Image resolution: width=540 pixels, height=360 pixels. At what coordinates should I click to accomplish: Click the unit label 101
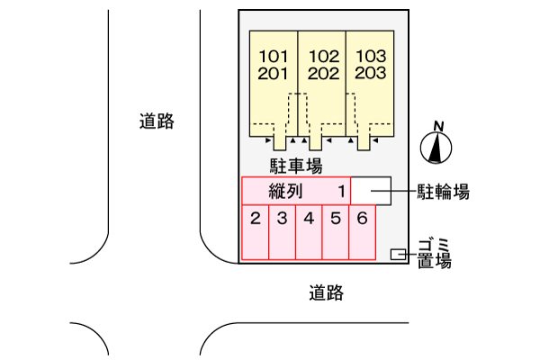click(273, 56)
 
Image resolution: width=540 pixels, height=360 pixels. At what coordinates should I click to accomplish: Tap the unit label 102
click(322, 56)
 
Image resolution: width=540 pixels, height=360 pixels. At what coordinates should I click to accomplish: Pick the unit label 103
click(371, 56)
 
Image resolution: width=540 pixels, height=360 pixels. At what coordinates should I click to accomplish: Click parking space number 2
click(256, 218)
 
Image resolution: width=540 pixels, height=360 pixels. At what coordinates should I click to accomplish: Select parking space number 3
click(282, 218)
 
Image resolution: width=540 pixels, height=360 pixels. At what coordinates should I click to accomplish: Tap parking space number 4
click(309, 218)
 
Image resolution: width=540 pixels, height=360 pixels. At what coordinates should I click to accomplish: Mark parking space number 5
click(335, 218)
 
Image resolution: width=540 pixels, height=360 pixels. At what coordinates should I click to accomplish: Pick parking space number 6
click(362, 218)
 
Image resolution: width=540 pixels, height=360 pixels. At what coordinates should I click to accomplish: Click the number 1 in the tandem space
click(342, 191)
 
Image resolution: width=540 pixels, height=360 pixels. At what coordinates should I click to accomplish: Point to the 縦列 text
click(285, 191)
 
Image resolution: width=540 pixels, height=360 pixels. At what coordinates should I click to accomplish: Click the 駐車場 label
click(297, 166)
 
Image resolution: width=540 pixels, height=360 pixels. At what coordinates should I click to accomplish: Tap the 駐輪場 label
click(443, 191)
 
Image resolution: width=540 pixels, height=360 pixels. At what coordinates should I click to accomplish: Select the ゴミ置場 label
click(434, 253)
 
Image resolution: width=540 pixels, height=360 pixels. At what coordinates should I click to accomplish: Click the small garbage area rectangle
click(397, 255)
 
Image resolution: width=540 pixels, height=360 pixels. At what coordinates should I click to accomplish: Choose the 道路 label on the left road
click(157, 121)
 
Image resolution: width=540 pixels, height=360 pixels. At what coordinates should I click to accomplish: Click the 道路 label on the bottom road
click(326, 292)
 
